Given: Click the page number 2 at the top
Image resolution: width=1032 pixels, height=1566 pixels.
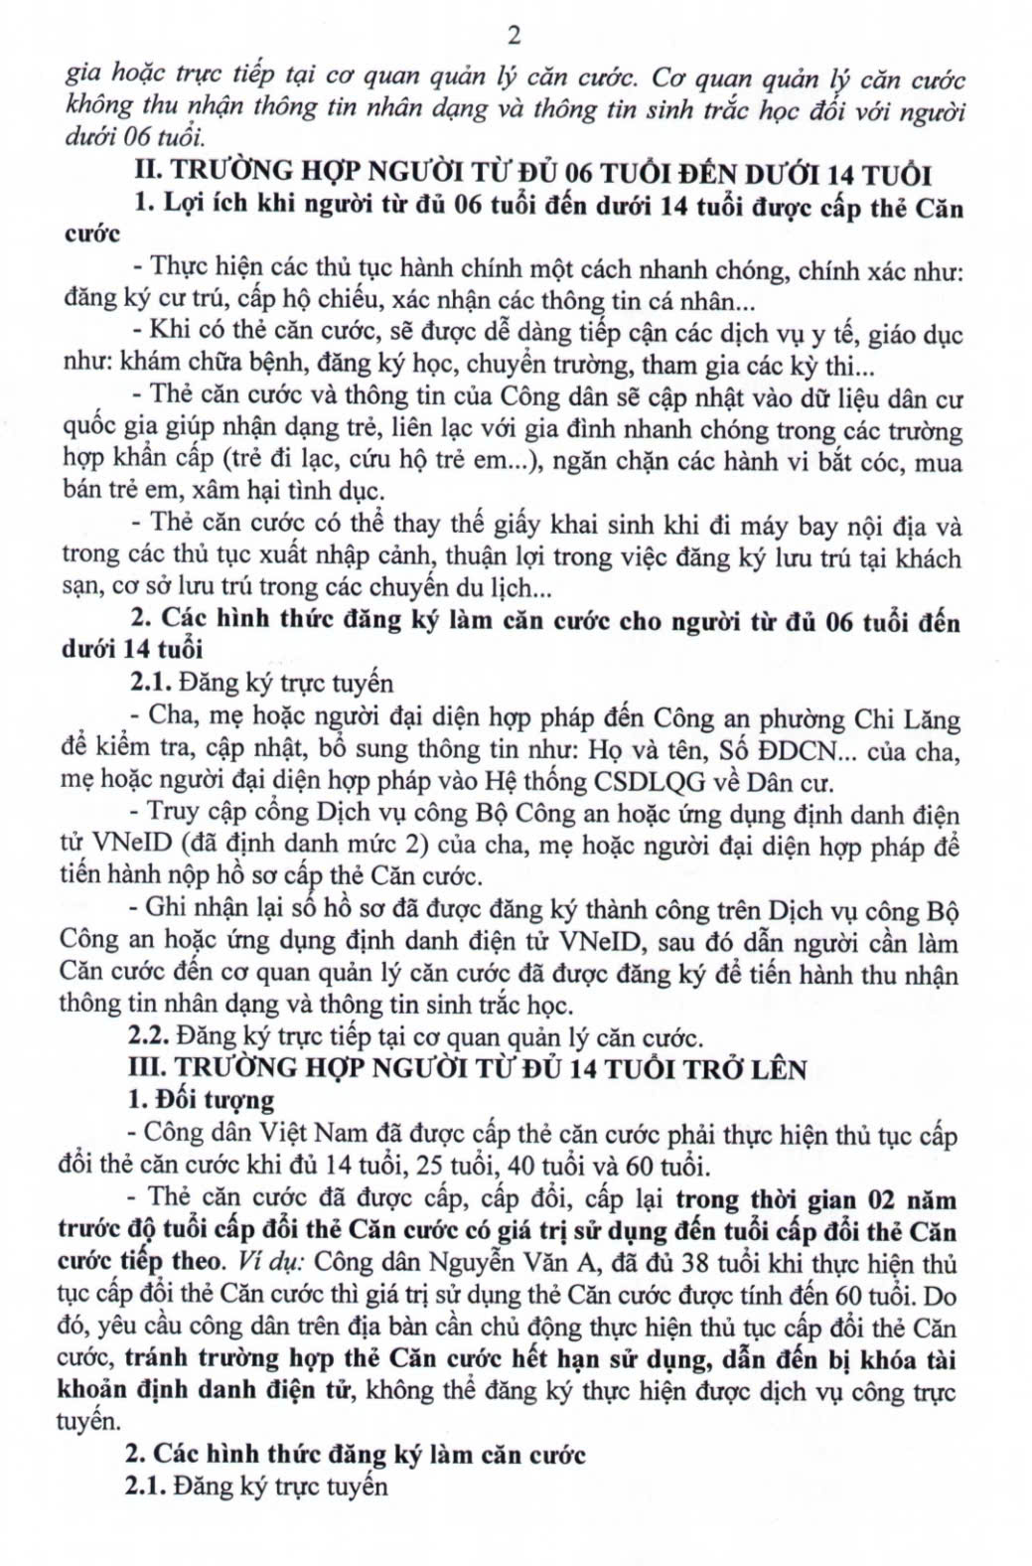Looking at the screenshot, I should coord(514,37).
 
